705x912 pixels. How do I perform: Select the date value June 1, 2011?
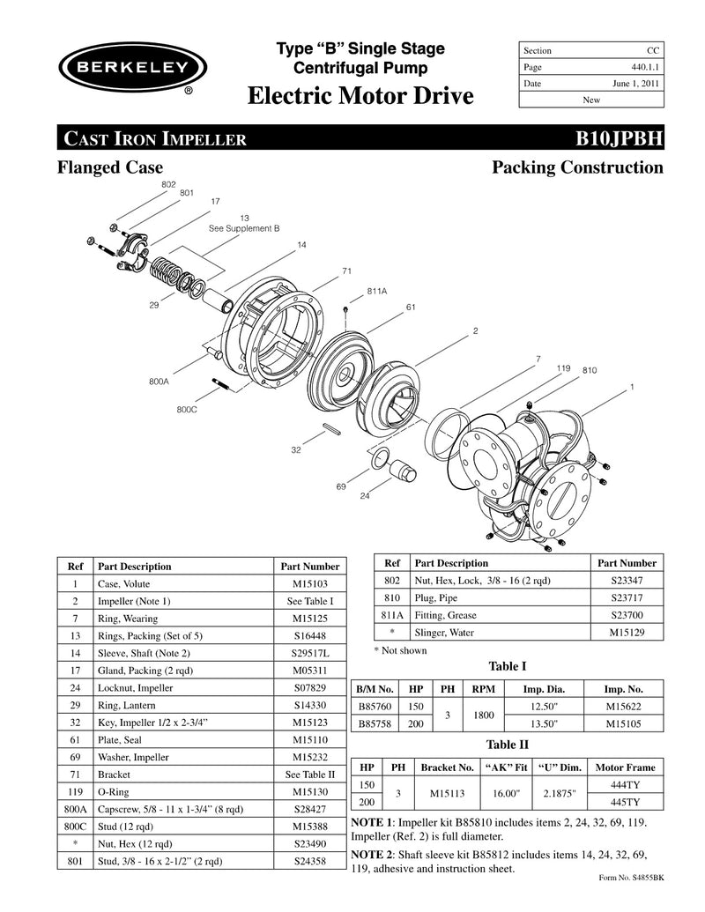pyautogui.click(x=634, y=84)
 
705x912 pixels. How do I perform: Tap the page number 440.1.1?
pyautogui.click(x=640, y=67)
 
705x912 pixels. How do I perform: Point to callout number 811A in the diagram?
pyautogui.click(x=377, y=290)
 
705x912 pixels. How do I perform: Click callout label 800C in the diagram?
pyautogui.click(x=186, y=409)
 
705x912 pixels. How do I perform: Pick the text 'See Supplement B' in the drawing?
pyautogui.click(x=244, y=227)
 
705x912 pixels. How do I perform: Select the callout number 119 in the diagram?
pyautogui.click(x=564, y=367)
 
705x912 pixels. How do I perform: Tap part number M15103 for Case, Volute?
pyautogui.click(x=308, y=583)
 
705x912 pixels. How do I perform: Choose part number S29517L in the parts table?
pyautogui.click(x=308, y=653)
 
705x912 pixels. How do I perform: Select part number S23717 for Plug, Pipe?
pyautogui.click(x=627, y=597)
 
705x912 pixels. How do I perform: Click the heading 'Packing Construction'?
pyautogui.click(x=577, y=167)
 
